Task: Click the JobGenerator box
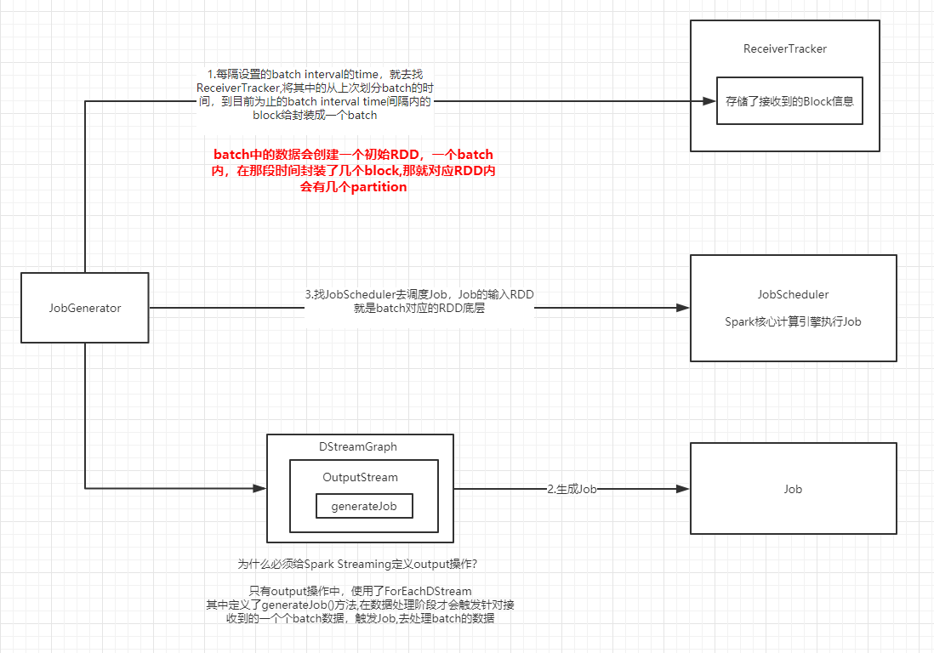85,308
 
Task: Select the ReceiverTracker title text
784,48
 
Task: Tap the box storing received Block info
789,100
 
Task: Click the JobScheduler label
793,294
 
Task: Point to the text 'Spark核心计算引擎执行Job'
793,322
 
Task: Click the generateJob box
364,506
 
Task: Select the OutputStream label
360,477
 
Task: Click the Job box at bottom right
793,489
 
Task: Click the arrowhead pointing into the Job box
682,489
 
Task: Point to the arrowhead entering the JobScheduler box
682,308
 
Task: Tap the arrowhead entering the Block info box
709,100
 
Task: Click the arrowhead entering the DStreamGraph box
260,488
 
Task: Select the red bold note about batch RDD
353,171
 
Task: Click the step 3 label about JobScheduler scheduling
419,301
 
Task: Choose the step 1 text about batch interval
315,94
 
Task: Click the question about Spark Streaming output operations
363,564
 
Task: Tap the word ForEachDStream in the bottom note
427,591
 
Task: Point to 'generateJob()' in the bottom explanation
298,605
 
